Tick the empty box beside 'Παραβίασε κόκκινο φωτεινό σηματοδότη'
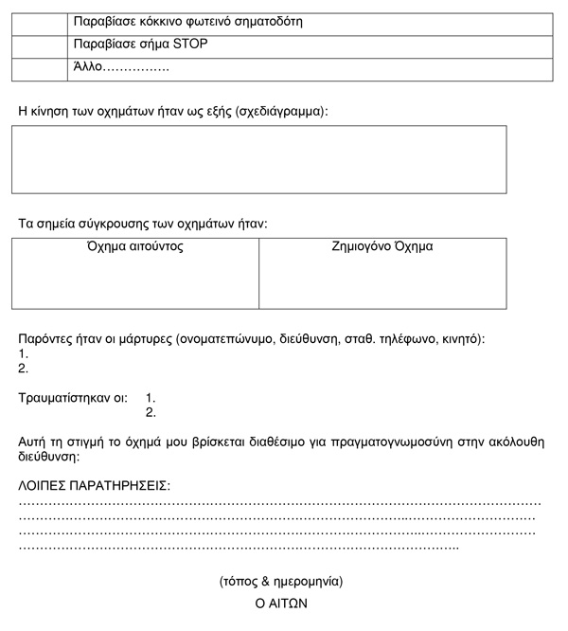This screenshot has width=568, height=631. (37, 22)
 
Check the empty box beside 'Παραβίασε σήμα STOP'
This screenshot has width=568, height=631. (37, 45)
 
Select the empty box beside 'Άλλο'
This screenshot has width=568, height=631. (37, 67)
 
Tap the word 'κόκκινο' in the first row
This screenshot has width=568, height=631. (164, 22)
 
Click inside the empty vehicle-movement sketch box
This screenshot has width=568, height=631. (258, 159)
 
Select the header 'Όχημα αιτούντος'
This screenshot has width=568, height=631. (134, 247)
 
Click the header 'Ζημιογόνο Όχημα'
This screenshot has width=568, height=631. (382, 247)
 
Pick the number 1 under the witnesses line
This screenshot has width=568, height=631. (24, 353)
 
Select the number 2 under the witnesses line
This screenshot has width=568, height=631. (24, 369)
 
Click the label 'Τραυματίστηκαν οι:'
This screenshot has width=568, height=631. (73, 399)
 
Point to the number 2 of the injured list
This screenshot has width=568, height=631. (151, 413)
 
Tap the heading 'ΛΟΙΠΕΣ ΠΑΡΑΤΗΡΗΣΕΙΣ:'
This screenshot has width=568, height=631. (95, 485)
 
